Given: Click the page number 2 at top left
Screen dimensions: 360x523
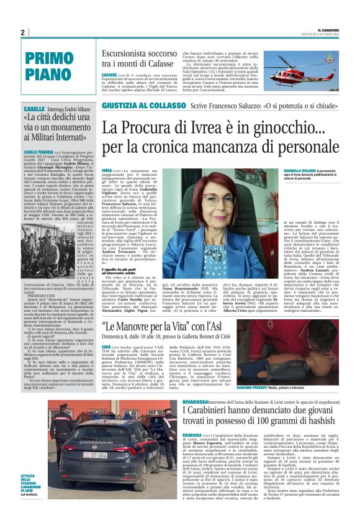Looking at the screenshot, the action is (x=23, y=32).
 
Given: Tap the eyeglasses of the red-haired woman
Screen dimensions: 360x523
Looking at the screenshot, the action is (x=221, y=200).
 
